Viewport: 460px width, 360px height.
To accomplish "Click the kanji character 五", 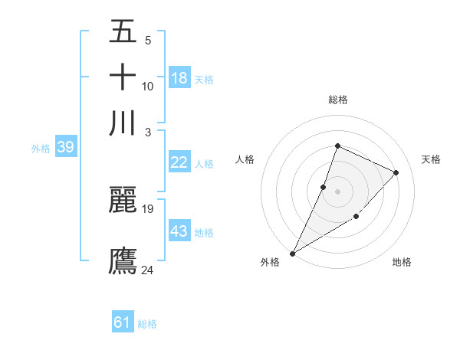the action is (x=123, y=34).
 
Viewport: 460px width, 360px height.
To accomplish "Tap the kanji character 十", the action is (x=123, y=78).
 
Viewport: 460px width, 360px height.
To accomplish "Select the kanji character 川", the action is (x=123, y=123).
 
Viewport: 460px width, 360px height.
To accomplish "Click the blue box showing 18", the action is (x=179, y=78).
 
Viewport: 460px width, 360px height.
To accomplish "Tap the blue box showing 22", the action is (x=179, y=162).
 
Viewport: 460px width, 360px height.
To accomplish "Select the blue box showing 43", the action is (x=179, y=231).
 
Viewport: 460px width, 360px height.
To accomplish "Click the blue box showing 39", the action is (x=65, y=147).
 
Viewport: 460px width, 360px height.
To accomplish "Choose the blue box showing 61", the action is (x=123, y=322).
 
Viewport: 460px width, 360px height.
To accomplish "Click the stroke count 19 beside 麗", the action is (x=148, y=209).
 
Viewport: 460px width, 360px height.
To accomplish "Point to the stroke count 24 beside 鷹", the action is (x=148, y=269).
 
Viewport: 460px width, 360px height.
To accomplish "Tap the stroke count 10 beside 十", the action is (x=148, y=87).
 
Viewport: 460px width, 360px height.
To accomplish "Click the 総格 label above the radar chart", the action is (x=337, y=100).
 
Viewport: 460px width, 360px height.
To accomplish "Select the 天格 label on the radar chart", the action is (x=432, y=159).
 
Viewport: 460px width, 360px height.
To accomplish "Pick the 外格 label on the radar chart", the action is (x=270, y=263).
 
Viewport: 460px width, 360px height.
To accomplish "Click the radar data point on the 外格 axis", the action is (x=292, y=253).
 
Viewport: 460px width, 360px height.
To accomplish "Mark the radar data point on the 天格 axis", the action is (x=396, y=172).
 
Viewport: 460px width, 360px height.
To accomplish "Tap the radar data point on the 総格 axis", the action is (x=337, y=146).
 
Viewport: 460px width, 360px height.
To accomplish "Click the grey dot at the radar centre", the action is (x=337, y=191).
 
